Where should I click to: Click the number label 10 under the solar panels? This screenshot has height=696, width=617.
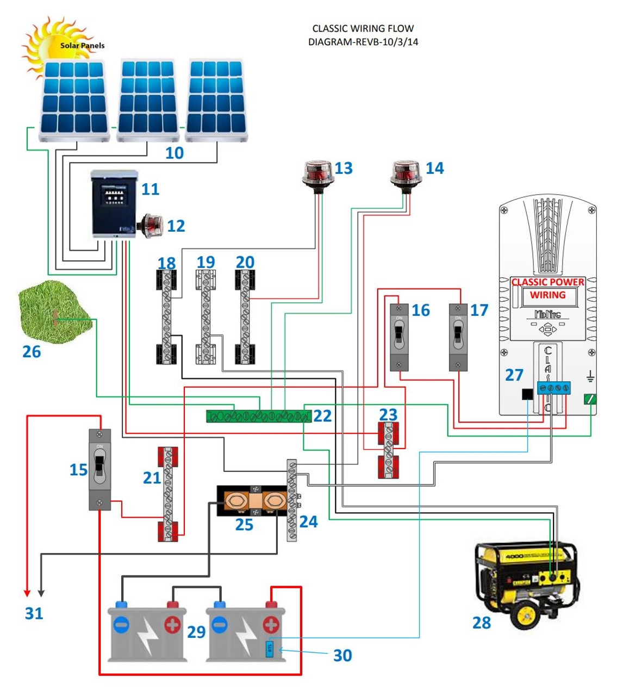[x=174, y=153]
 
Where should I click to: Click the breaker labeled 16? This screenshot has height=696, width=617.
[x=399, y=337]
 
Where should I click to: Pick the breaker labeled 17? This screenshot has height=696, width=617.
[x=458, y=337]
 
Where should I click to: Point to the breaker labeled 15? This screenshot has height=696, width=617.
[x=99, y=469]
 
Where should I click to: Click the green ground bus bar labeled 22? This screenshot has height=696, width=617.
[x=258, y=417]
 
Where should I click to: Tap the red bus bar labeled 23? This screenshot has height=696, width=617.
[x=388, y=450]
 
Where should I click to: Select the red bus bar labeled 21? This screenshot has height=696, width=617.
[x=167, y=494]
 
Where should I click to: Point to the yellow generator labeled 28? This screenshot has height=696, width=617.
[x=525, y=582]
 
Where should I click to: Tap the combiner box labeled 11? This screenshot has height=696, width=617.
[x=114, y=204]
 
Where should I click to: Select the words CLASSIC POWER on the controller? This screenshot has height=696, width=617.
[x=548, y=282]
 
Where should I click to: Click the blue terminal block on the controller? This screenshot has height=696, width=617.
[x=553, y=388]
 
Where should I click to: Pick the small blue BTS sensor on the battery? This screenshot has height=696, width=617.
[x=269, y=649]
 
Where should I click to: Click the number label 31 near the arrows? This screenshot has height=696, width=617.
[x=34, y=613]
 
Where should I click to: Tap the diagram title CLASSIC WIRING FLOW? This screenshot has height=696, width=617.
[x=363, y=28]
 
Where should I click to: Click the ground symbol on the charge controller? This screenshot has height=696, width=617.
[x=590, y=376]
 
